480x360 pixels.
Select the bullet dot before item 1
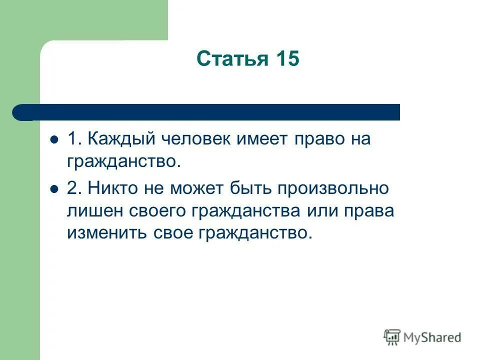pos(55,139)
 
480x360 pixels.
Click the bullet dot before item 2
pos(55,188)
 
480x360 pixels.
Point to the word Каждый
pos(121,139)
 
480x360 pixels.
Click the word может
pos(200,188)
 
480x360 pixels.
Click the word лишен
pos(93,211)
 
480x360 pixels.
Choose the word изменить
pos(104,233)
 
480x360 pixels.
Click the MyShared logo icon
pos(392,337)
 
